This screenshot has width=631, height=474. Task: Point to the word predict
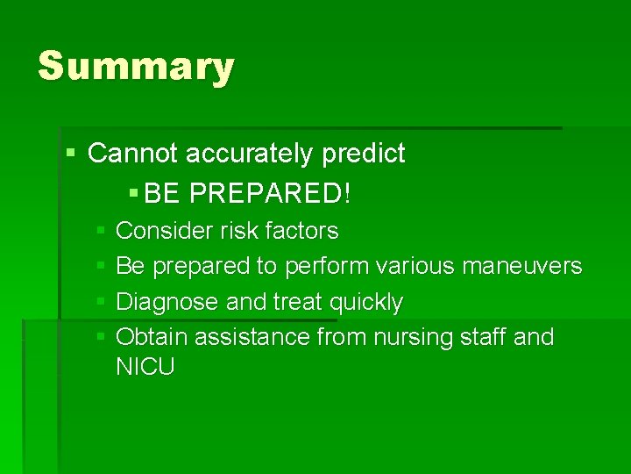pyautogui.click(x=364, y=154)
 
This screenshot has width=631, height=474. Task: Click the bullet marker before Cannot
pyautogui.click(x=71, y=154)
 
